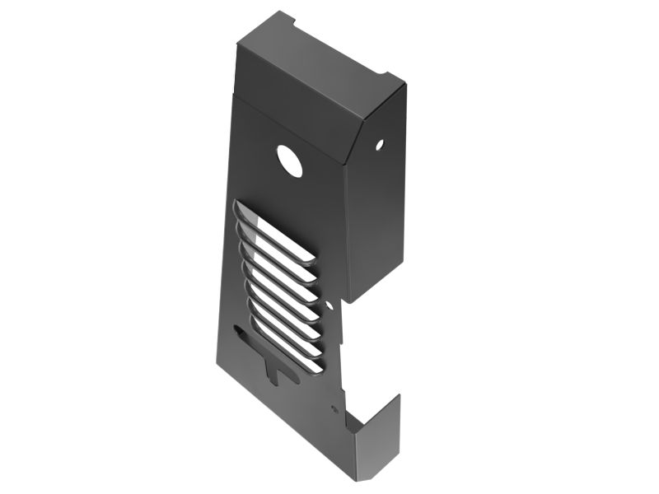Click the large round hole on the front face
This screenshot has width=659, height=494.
[x=289, y=161]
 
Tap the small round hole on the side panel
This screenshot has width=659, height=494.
[x=380, y=146]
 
